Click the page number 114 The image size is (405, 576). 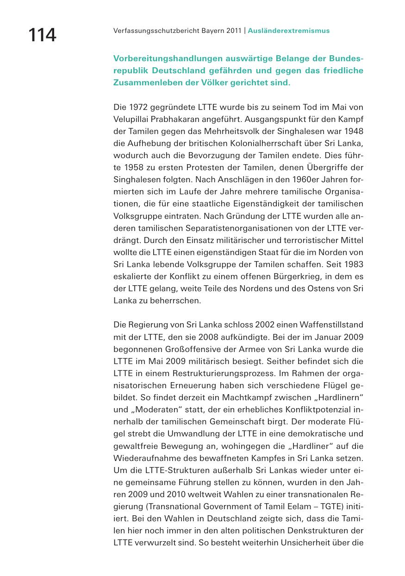(x=42, y=35)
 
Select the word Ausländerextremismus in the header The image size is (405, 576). (x=289, y=31)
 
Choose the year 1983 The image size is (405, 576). (x=354, y=264)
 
